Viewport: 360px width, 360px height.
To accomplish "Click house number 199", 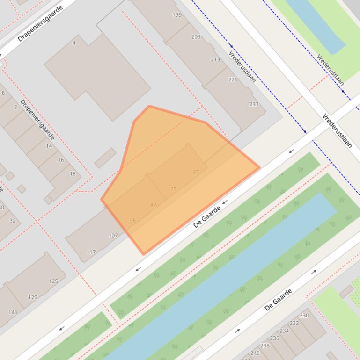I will (177, 15).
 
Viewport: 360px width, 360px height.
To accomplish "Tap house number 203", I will (196, 37).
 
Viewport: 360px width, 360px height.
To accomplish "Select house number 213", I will (215, 59).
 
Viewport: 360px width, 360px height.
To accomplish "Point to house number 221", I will (233, 79).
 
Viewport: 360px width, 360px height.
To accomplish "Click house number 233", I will (254, 104).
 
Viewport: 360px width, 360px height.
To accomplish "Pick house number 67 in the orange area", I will (196, 172).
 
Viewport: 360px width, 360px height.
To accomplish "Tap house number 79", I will (174, 189).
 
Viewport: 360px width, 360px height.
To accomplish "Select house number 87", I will (154, 205).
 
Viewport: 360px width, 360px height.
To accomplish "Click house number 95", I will (133, 221).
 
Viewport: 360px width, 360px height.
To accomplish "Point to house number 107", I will (113, 236).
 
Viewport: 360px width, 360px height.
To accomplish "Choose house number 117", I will (91, 252).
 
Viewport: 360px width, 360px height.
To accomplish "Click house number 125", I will (53, 281).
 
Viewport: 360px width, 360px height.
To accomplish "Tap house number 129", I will (32, 297).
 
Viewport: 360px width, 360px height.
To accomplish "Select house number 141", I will (13, 312).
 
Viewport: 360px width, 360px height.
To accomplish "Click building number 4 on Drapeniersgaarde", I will (74, 43).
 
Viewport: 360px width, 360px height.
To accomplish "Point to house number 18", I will (73, 174).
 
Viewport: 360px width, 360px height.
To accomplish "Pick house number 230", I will (304, 315).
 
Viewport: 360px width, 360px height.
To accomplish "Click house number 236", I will (274, 338).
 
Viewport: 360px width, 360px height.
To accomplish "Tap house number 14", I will (49, 146).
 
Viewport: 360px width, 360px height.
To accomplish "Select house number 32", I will (12, 221).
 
